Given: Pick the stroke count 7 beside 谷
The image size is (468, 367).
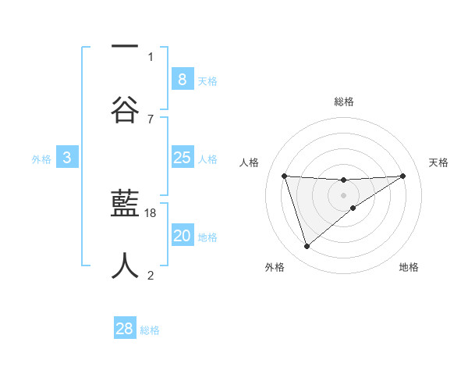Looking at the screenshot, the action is click(x=151, y=119).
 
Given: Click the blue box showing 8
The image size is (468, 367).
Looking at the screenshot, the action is click(x=182, y=79).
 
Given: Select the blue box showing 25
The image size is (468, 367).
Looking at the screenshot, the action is click(x=182, y=158).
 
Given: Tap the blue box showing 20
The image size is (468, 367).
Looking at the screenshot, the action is click(x=182, y=236).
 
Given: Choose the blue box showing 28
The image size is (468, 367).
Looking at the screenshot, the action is click(x=125, y=329).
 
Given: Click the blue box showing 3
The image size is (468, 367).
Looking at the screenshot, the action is click(x=67, y=158).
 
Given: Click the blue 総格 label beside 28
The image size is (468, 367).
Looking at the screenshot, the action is click(x=150, y=331).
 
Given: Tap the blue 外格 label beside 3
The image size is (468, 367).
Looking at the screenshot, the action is click(x=41, y=159).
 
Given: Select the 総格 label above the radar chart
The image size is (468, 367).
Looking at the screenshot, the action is click(x=344, y=102).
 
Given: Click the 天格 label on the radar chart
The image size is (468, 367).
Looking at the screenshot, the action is click(x=439, y=162).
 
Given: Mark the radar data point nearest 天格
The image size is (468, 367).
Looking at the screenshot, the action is click(x=402, y=176).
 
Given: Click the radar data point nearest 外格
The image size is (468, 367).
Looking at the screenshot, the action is click(x=307, y=247).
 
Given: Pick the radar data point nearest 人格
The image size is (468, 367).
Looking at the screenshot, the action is click(x=285, y=176).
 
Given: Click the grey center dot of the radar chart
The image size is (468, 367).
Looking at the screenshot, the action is click(x=344, y=194).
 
